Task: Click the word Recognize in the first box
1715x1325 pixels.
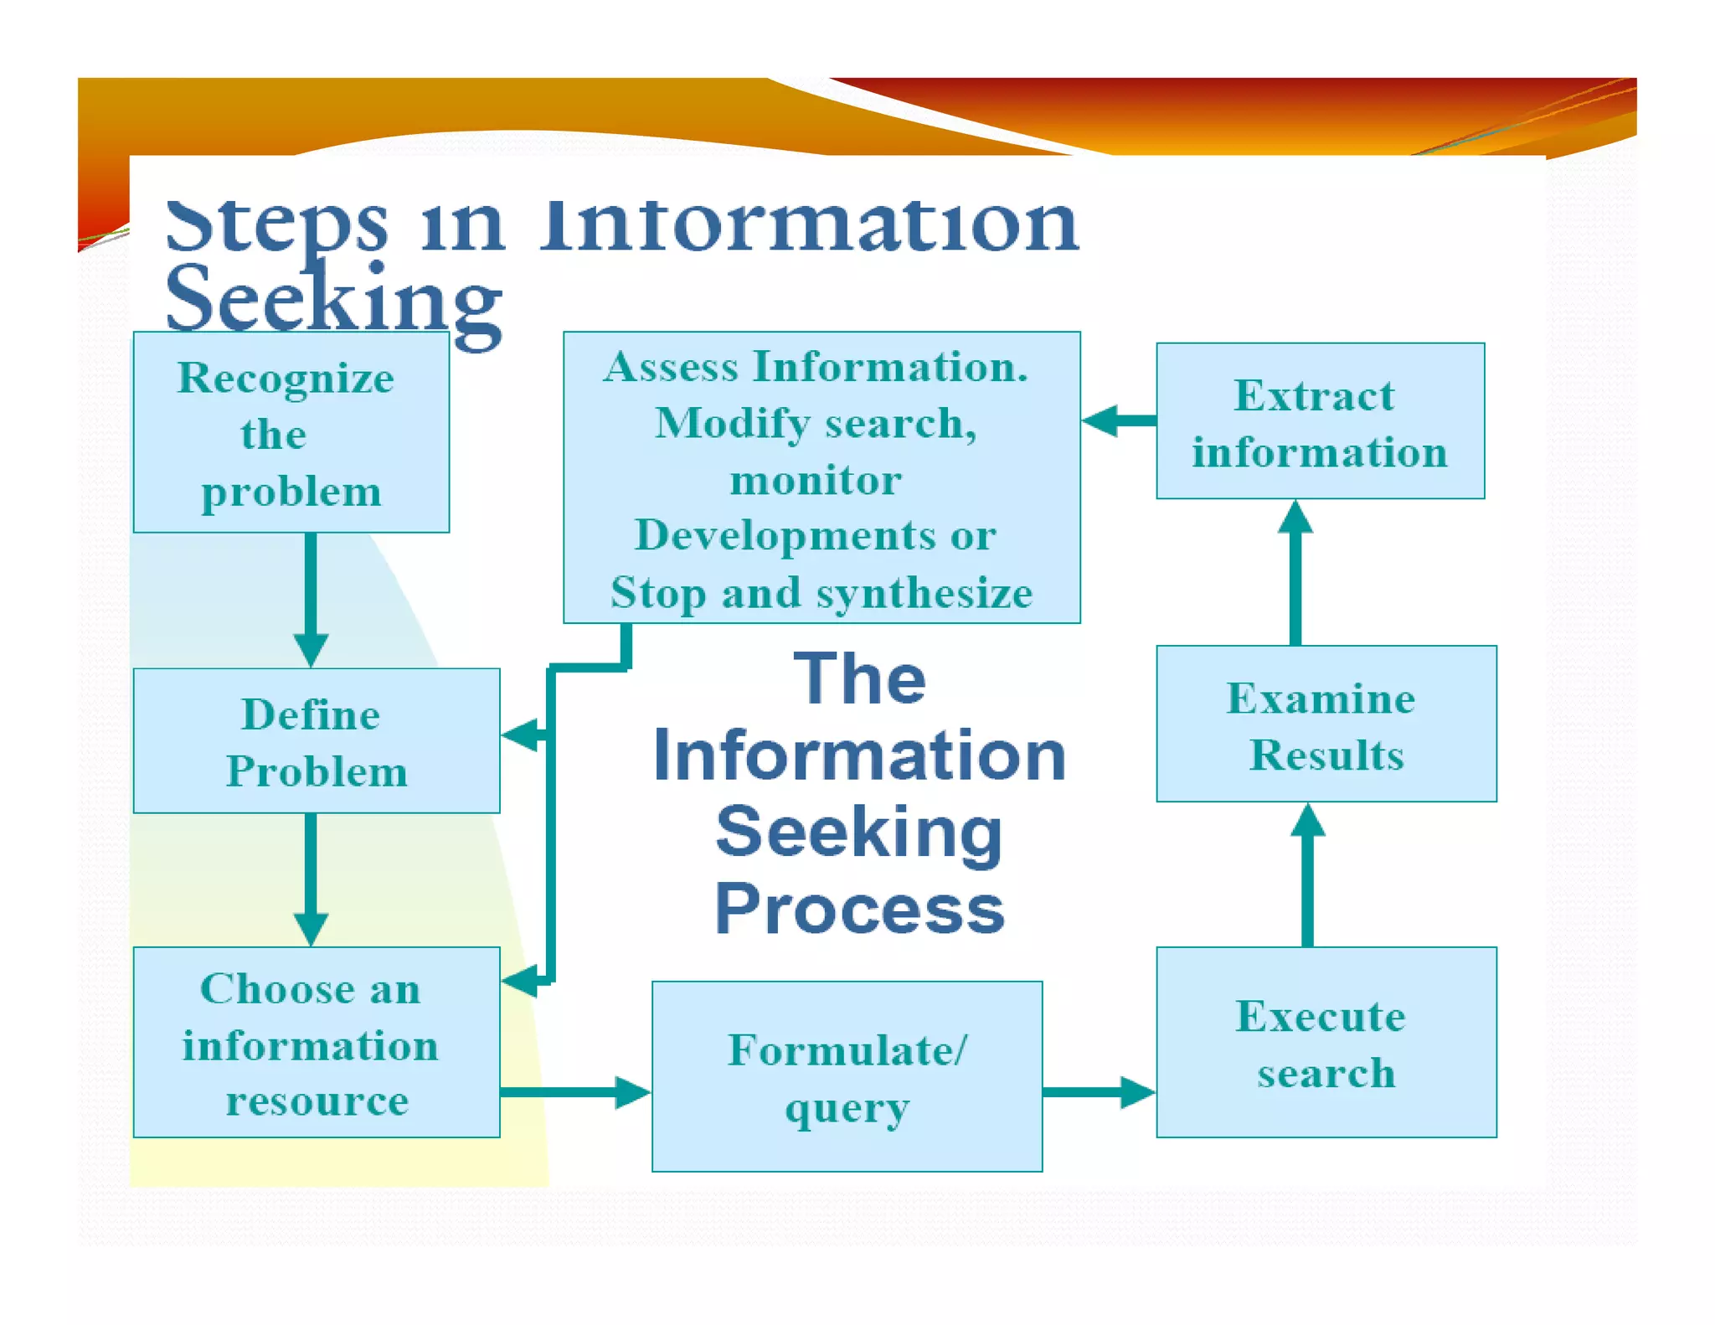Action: click(x=286, y=379)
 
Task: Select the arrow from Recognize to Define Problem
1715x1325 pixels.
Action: click(x=311, y=599)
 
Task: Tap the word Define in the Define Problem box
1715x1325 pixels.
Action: click(x=311, y=714)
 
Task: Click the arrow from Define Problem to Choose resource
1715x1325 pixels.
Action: click(x=311, y=879)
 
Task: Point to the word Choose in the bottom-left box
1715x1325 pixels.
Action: click(x=265, y=989)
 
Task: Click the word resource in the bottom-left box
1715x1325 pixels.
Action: click(x=317, y=1101)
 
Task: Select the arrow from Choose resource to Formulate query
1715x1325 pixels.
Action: click(x=574, y=1091)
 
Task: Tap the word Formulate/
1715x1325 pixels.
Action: click(x=847, y=1050)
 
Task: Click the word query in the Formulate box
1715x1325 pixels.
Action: click(x=847, y=1109)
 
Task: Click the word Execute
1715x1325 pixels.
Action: click(x=1321, y=1017)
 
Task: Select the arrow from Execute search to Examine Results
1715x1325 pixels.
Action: click(x=1307, y=874)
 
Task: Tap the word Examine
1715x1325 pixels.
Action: click(x=1321, y=699)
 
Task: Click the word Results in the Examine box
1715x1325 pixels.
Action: click(x=1326, y=755)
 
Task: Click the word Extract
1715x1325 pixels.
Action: click(x=1314, y=395)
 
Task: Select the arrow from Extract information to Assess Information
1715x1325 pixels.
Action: click(x=1119, y=420)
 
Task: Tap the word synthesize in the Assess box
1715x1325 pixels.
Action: click(x=924, y=594)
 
